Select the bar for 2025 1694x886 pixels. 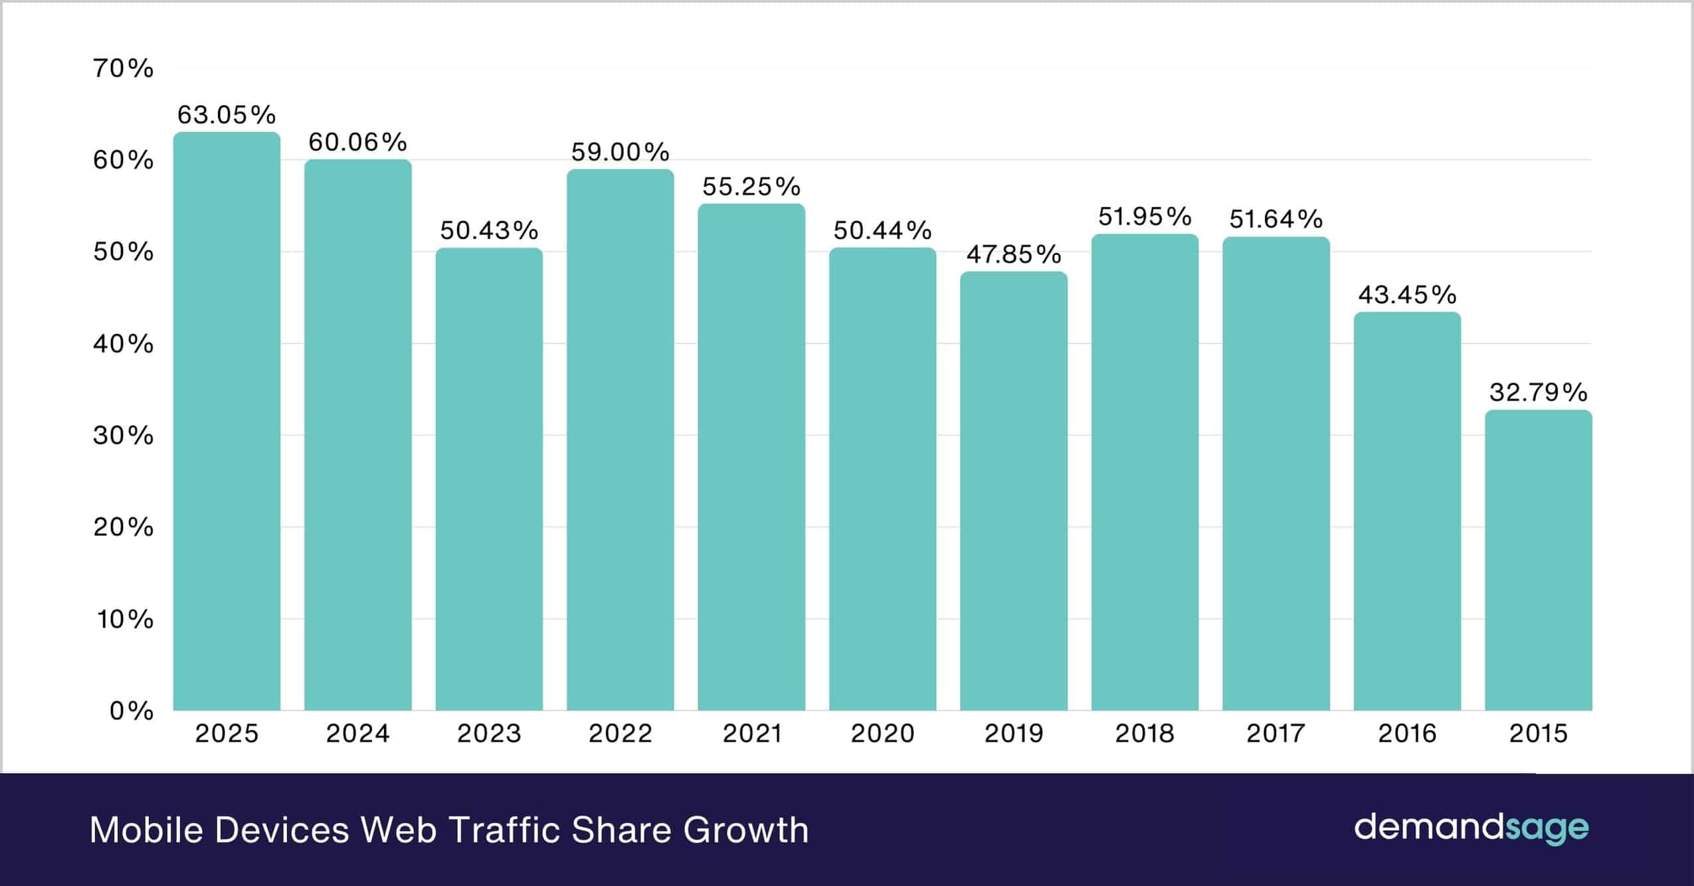coord(227,422)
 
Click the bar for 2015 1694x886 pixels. coord(1538,561)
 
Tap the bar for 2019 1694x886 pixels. coord(1013,491)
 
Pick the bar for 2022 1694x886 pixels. coord(620,440)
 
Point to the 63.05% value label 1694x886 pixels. coord(227,116)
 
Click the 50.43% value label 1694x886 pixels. coord(489,230)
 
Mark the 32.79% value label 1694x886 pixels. coord(1538,393)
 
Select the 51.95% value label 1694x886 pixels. coord(1145,217)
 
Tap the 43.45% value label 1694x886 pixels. coord(1407,295)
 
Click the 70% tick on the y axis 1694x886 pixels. coord(124,68)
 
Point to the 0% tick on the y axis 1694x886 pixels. coord(132,711)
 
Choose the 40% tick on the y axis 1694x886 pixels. coord(124,344)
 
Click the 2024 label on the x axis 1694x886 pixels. coord(357,734)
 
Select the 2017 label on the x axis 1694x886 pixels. coord(1275,734)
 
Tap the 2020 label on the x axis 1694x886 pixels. coord(882,734)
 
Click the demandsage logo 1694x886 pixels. coord(1471,828)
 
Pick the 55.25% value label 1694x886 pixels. coord(751,187)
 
